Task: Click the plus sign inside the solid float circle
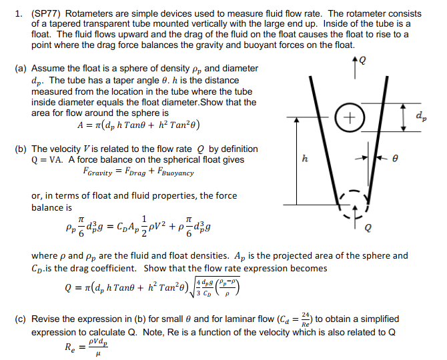350,117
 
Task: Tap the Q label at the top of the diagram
362,60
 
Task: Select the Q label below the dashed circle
368,228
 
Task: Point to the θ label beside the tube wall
395,158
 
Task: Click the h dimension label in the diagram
305,158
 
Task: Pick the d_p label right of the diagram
422,116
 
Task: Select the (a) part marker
21,69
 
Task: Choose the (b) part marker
21,149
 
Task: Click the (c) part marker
20,319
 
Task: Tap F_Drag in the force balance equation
135,172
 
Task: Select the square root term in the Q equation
215,287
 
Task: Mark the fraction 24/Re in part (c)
306,319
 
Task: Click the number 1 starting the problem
19,14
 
